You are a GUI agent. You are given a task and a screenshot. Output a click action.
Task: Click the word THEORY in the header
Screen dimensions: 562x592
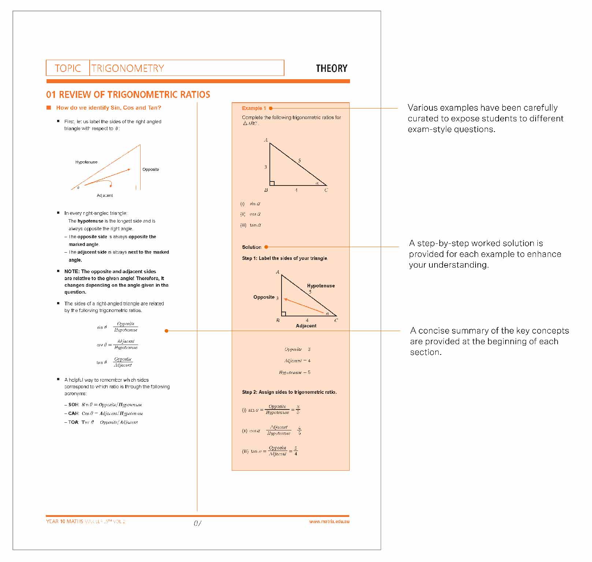331,69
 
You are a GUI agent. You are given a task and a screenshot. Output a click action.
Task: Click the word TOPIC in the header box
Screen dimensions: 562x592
68,69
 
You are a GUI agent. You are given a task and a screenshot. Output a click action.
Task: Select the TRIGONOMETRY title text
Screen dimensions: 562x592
128,69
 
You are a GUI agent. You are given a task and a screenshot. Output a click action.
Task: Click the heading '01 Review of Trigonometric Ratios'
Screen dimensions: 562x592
128,95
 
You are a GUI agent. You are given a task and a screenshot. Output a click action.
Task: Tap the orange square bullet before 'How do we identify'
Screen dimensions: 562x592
49,107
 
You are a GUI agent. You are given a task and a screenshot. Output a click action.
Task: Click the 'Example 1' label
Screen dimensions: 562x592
254,108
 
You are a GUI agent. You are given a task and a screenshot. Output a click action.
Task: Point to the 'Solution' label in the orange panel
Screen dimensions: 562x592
252,247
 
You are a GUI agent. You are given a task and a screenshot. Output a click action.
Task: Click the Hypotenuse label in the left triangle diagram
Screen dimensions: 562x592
86,162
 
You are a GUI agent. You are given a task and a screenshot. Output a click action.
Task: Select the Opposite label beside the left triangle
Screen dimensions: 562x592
150,169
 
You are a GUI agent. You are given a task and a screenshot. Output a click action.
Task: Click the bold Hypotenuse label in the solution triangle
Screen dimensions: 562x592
321,286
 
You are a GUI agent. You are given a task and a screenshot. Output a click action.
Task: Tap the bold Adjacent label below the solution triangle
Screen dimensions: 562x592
306,326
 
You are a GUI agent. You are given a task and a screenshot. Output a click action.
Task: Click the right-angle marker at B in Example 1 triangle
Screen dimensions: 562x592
272,183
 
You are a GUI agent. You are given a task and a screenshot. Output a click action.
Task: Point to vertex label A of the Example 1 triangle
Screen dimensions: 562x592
266,140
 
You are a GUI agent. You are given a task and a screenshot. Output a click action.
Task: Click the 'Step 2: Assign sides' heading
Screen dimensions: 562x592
289,392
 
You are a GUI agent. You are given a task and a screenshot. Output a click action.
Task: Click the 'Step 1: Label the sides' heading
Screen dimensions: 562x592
284,258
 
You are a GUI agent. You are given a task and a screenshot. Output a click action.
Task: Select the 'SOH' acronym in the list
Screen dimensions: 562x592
74,405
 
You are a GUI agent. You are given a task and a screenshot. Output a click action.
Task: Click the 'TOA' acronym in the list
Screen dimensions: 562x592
74,422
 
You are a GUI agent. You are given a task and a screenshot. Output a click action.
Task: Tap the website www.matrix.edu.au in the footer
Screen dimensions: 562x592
329,521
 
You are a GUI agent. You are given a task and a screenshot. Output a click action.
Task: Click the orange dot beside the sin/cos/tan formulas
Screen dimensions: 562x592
167,331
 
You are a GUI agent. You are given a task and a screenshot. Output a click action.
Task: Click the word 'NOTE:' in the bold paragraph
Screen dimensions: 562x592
72,271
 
